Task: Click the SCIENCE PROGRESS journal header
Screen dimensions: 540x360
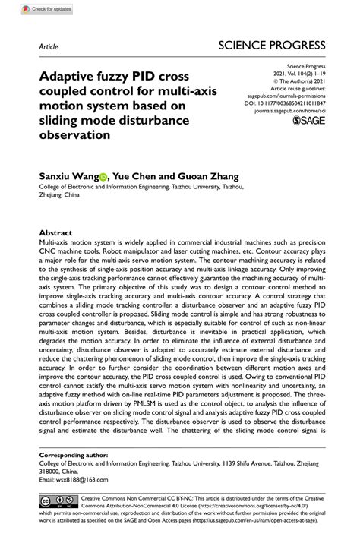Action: [271, 45]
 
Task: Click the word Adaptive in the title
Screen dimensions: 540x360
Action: [69, 77]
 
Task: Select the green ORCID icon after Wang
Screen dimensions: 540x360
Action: [103, 176]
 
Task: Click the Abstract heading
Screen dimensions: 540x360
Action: [55, 232]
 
